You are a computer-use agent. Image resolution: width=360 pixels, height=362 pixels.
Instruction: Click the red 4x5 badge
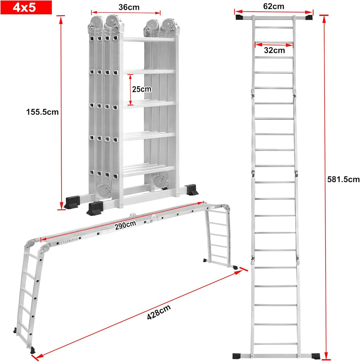click(26, 7)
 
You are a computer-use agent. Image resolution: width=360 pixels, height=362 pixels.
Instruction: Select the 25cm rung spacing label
click(142, 89)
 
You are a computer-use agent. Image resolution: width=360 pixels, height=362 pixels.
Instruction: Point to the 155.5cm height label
click(42, 112)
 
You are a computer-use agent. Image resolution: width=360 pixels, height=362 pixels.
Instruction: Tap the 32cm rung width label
click(274, 50)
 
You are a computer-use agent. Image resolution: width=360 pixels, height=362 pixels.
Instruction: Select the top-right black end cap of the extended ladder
click(309, 17)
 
